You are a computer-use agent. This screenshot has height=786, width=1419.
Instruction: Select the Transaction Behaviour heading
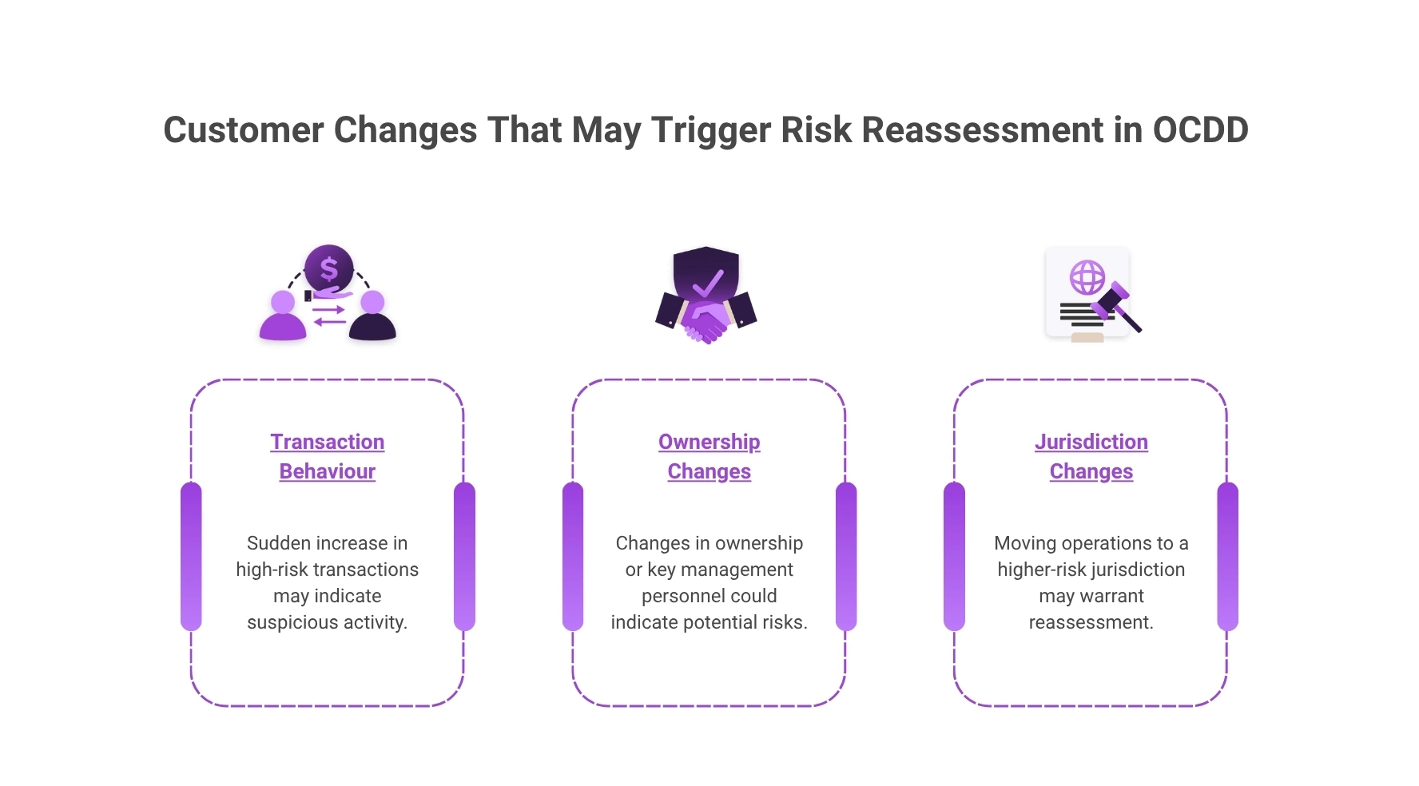click(x=327, y=456)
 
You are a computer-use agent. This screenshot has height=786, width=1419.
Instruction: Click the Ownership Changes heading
click(x=709, y=456)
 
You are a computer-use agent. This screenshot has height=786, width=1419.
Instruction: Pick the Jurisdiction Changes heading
click(x=1091, y=456)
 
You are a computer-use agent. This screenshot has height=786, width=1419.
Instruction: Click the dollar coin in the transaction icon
click(x=328, y=268)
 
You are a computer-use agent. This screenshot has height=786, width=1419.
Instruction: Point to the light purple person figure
click(x=283, y=317)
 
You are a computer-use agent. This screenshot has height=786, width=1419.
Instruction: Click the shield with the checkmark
click(x=706, y=276)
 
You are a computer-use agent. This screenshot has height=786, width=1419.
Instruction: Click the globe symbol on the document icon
click(x=1087, y=278)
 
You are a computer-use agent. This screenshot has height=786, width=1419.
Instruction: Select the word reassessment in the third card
click(x=1091, y=622)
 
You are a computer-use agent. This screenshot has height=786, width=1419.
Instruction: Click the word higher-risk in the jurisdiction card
click(x=1041, y=570)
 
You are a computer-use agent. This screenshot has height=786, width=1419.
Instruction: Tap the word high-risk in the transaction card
click(x=272, y=570)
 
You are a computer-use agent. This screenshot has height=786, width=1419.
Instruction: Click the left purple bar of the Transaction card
click(x=191, y=556)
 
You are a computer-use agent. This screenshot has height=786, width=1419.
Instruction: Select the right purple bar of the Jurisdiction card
click(x=1227, y=556)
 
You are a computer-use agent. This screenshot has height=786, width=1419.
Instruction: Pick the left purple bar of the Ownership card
click(x=573, y=556)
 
